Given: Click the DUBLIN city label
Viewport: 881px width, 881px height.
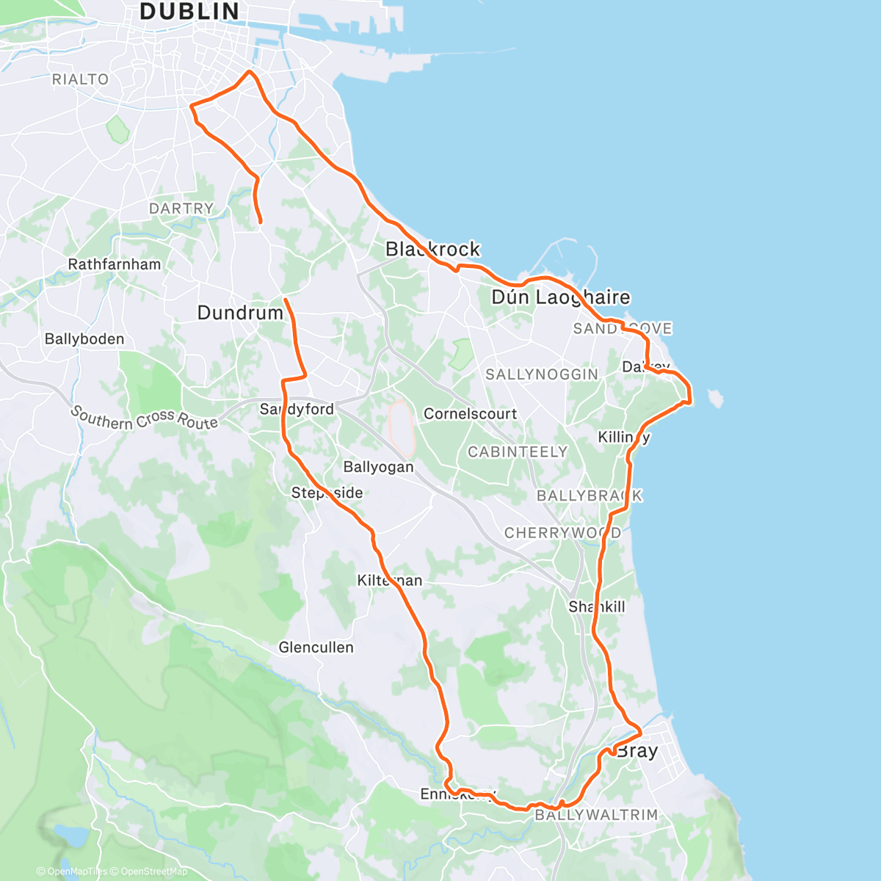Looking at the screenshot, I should tap(189, 12).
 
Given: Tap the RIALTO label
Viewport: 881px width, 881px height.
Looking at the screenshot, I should tap(80, 79).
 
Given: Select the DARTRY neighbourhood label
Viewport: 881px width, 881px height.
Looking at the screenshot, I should tap(181, 209).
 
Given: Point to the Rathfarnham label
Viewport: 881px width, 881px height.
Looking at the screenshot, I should tap(114, 264).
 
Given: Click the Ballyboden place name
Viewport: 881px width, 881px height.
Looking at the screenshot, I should tap(84, 339).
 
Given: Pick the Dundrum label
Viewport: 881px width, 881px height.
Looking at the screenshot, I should tap(240, 313).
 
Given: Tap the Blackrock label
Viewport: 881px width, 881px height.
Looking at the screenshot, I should tap(432, 250).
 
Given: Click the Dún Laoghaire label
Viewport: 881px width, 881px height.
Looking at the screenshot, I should tap(561, 297).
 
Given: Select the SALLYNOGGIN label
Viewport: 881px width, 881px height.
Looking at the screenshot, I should tap(542, 374).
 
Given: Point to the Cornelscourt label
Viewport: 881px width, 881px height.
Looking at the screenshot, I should tap(470, 414).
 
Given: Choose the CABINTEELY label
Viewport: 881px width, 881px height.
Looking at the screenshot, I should tap(518, 452).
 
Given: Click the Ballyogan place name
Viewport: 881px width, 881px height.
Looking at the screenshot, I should tap(378, 467).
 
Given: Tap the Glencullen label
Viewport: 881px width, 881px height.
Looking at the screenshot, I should tap(316, 648).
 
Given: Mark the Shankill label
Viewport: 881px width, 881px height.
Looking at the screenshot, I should tap(597, 606).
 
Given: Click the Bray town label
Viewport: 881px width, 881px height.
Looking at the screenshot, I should tap(637, 751).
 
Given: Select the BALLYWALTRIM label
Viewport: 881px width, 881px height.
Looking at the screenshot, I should tap(596, 815).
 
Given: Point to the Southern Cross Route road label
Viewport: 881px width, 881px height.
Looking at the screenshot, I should tap(145, 418).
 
